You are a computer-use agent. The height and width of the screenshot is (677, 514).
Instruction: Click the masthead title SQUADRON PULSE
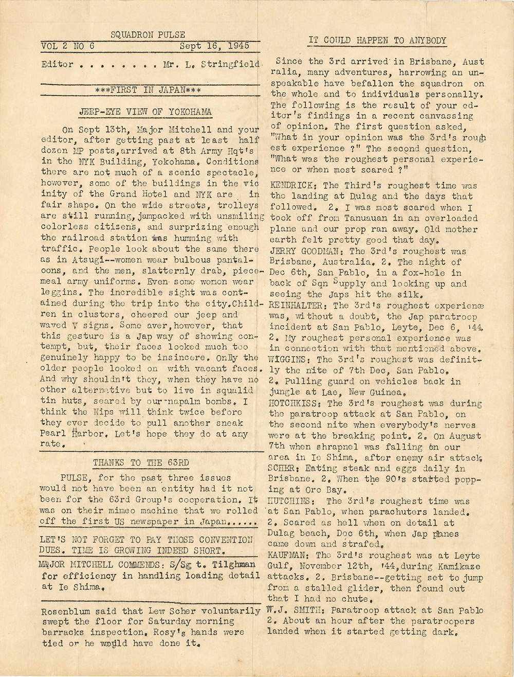[x=148, y=35]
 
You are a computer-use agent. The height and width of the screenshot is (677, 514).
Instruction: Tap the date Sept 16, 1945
[x=214, y=46]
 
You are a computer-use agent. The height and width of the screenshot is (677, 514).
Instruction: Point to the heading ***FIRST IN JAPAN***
[x=148, y=90]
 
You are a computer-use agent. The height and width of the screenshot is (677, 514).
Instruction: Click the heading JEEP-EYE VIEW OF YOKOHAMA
[x=145, y=112]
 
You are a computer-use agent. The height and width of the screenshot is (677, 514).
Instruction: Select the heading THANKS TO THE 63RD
[x=140, y=462]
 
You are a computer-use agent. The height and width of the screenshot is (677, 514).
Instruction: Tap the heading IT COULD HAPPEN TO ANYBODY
[x=377, y=41]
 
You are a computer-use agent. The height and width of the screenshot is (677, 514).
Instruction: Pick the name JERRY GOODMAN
[x=307, y=251]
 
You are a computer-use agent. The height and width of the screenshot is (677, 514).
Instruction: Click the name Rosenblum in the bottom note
[x=64, y=611]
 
